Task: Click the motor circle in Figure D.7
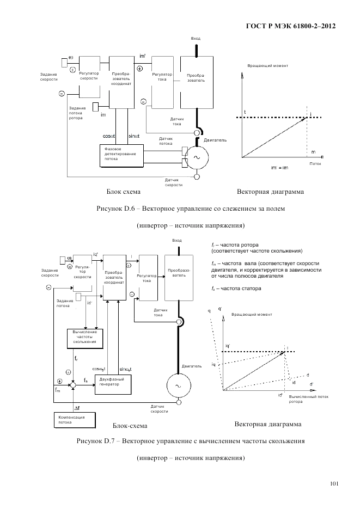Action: [x=178, y=385]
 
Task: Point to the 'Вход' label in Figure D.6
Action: [x=196, y=39]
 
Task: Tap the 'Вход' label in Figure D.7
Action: [x=176, y=240]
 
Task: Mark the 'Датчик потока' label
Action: [x=166, y=142]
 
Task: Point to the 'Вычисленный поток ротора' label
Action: [x=309, y=399]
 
